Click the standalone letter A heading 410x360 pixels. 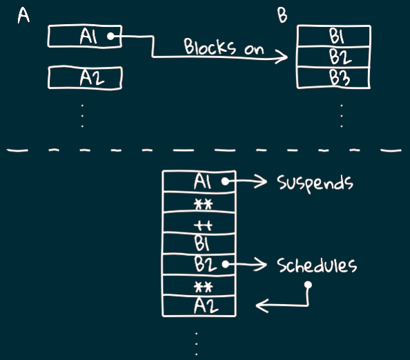[x=23, y=15]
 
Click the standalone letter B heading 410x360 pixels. [x=282, y=15]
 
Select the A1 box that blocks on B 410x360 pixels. [x=85, y=36]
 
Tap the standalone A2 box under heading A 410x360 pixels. [x=85, y=78]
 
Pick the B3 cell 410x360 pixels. [x=333, y=78]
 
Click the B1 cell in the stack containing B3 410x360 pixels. [x=334, y=36]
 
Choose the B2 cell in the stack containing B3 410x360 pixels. [x=334, y=57]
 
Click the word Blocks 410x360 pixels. [x=209, y=46]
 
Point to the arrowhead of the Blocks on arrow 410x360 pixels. [x=287, y=57]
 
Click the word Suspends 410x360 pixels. [x=315, y=183]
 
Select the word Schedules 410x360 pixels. [x=317, y=265]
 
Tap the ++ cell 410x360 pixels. [x=199, y=223]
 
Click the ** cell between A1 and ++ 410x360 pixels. [x=199, y=203]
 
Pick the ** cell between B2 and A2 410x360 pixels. [x=199, y=285]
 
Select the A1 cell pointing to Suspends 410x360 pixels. [x=199, y=181]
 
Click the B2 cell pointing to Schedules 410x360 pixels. [x=199, y=264]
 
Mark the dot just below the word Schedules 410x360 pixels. [x=309, y=285]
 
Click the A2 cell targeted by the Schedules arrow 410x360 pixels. [x=199, y=306]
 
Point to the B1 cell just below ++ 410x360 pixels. [x=199, y=243]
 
